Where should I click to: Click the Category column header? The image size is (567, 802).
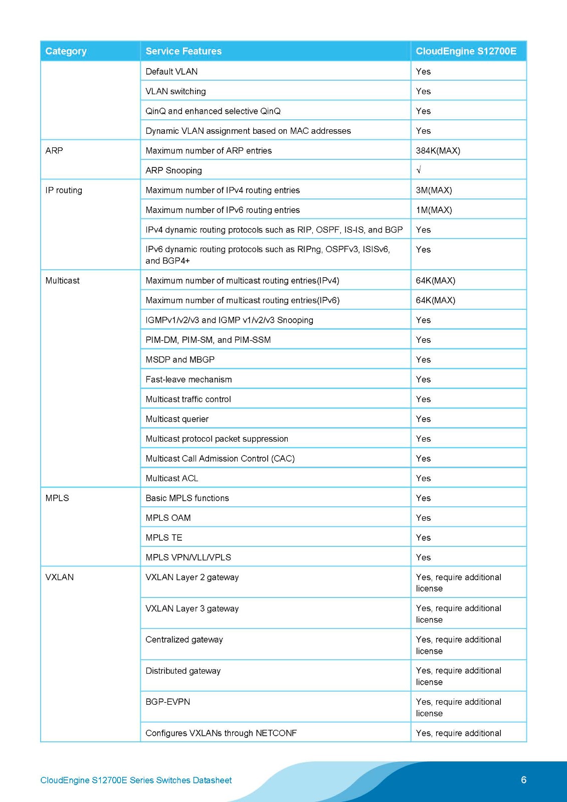[66, 51]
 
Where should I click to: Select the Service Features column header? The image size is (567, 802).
[183, 51]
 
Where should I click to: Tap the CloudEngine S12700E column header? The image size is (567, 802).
[466, 51]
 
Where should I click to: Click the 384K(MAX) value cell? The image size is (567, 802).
[438, 150]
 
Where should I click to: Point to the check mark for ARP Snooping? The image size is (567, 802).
[419, 170]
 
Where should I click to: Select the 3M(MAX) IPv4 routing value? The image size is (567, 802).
[434, 190]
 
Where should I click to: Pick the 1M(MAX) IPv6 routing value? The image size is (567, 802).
[434, 210]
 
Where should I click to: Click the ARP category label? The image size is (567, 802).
[54, 150]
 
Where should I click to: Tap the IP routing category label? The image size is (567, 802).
[64, 190]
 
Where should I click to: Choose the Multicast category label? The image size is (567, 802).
[62, 280]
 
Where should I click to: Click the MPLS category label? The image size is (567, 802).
[57, 498]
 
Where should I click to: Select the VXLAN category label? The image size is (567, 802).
[59, 577]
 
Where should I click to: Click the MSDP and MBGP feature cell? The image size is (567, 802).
[180, 359]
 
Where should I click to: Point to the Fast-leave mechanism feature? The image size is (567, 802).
[188, 379]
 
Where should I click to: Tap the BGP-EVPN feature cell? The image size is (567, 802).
[167, 702]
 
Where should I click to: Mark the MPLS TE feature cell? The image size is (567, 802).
[164, 537]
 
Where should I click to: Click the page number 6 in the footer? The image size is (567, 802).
[523, 779]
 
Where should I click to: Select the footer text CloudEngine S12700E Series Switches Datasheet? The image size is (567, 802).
[136, 780]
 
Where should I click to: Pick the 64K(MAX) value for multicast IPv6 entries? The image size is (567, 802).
[435, 300]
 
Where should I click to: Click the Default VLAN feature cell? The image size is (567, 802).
[171, 71]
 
